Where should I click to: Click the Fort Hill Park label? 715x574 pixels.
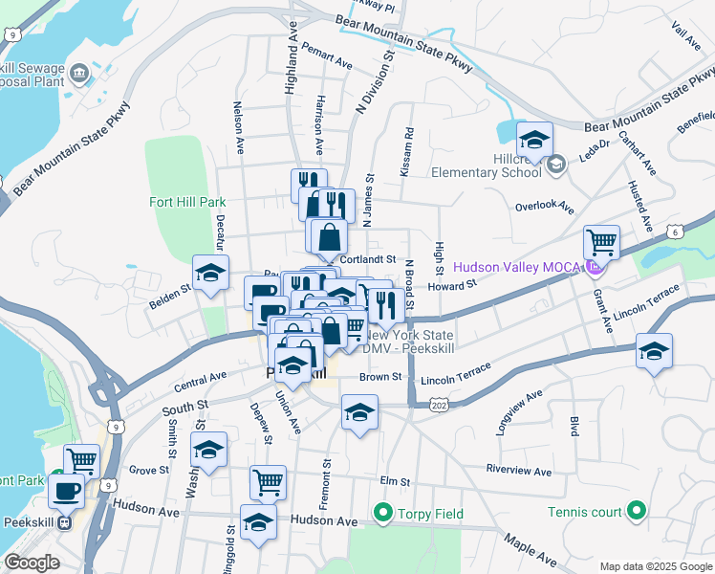[x=187, y=202]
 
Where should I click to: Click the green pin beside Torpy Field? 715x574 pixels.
[x=383, y=514]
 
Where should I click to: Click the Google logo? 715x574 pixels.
[x=32, y=563]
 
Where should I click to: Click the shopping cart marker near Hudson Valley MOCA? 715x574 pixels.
[x=601, y=242]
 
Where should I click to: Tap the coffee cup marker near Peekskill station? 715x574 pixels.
[x=66, y=492]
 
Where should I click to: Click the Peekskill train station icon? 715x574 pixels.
[x=64, y=523]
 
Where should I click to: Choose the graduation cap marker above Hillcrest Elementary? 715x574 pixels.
[x=534, y=140]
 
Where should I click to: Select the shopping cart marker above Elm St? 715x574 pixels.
[x=268, y=482]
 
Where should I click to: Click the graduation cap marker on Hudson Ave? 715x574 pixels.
[x=258, y=522]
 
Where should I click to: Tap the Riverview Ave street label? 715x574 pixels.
[x=518, y=472]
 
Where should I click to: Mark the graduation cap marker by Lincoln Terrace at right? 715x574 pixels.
[x=654, y=351]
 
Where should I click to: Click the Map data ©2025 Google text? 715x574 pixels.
[x=655, y=565]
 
